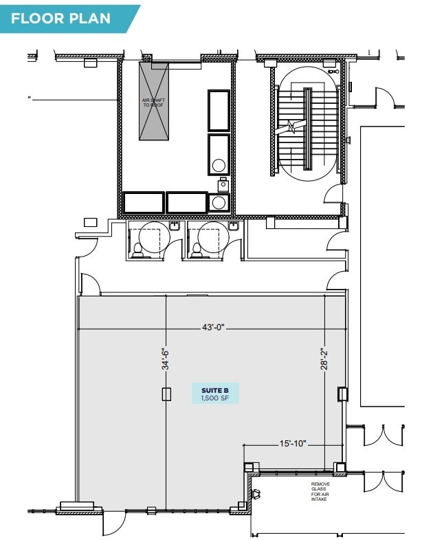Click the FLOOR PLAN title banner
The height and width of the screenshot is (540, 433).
click(x=65, y=18)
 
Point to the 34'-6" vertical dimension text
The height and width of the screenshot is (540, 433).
click(x=166, y=359)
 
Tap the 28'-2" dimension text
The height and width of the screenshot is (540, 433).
click(x=324, y=358)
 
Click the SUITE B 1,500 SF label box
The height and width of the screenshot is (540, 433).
click(x=215, y=393)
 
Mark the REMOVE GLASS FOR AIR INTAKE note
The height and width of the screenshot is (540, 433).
click(x=320, y=491)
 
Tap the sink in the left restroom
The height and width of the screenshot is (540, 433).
click(x=175, y=226)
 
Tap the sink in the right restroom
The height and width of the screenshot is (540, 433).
click(x=233, y=226)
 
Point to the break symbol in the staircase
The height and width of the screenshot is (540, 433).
click(x=291, y=127)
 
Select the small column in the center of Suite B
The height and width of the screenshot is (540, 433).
click(x=166, y=393)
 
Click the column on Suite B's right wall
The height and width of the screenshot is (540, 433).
click(x=342, y=393)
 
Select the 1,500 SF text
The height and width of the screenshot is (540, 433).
click(x=214, y=398)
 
